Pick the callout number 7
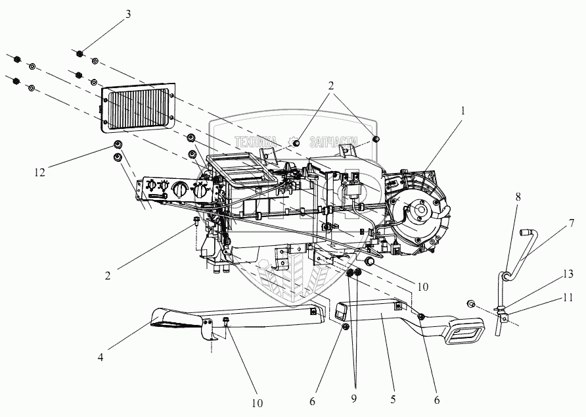point(572,222)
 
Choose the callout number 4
point(101,357)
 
